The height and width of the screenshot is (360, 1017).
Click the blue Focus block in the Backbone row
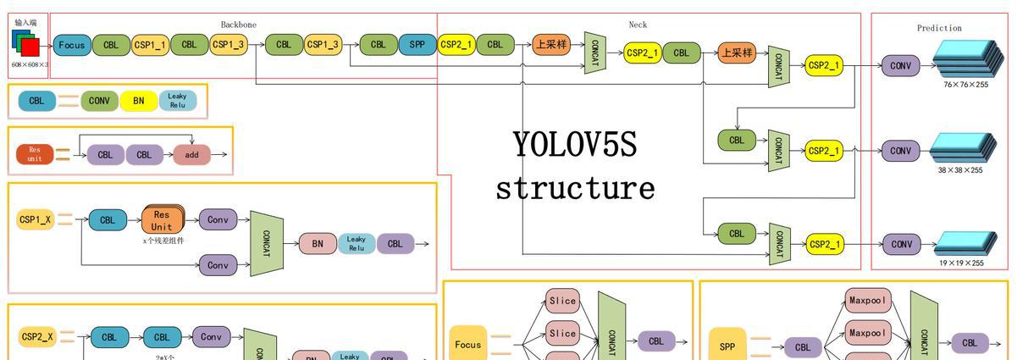pyautogui.click(x=72, y=45)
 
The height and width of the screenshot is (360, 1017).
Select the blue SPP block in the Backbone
pyautogui.click(x=417, y=45)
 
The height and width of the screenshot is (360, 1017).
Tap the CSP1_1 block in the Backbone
pyautogui.click(x=151, y=45)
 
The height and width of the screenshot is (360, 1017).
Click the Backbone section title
pyautogui.click(x=239, y=25)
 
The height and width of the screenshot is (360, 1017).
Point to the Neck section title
pyautogui.click(x=638, y=25)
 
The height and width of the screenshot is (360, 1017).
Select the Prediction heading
pyautogui.click(x=939, y=28)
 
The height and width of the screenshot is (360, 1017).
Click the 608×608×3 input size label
pyautogui.click(x=30, y=64)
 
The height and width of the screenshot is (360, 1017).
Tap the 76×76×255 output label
pyautogui.click(x=965, y=85)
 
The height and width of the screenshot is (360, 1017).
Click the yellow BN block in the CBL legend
pyautogui.click(x=139, y=101)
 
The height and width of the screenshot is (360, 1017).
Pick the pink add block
pyautogui.click(x=192, y=155)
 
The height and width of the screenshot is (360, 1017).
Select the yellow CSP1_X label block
pyautogui.click(x=36, y=220)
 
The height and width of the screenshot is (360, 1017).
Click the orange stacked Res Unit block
pyautogui.click(x=162, y=221)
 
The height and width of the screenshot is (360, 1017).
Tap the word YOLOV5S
pyautogui.click(x=574, y=145)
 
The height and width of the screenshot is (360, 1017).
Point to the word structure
pyautogui.click(x=575, y=187)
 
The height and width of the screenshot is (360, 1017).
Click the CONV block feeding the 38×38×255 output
pyautogui.click(x=901, y=151)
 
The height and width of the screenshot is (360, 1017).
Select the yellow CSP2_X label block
pyautogui.click(x=37, y=337)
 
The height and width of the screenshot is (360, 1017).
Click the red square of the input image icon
pyautogui.click(x=30, y=46)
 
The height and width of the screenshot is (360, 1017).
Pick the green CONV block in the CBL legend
pyautogui.click(x=98, y=101)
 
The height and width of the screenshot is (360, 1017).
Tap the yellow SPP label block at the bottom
pyautogui.click(x=727, y=346)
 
